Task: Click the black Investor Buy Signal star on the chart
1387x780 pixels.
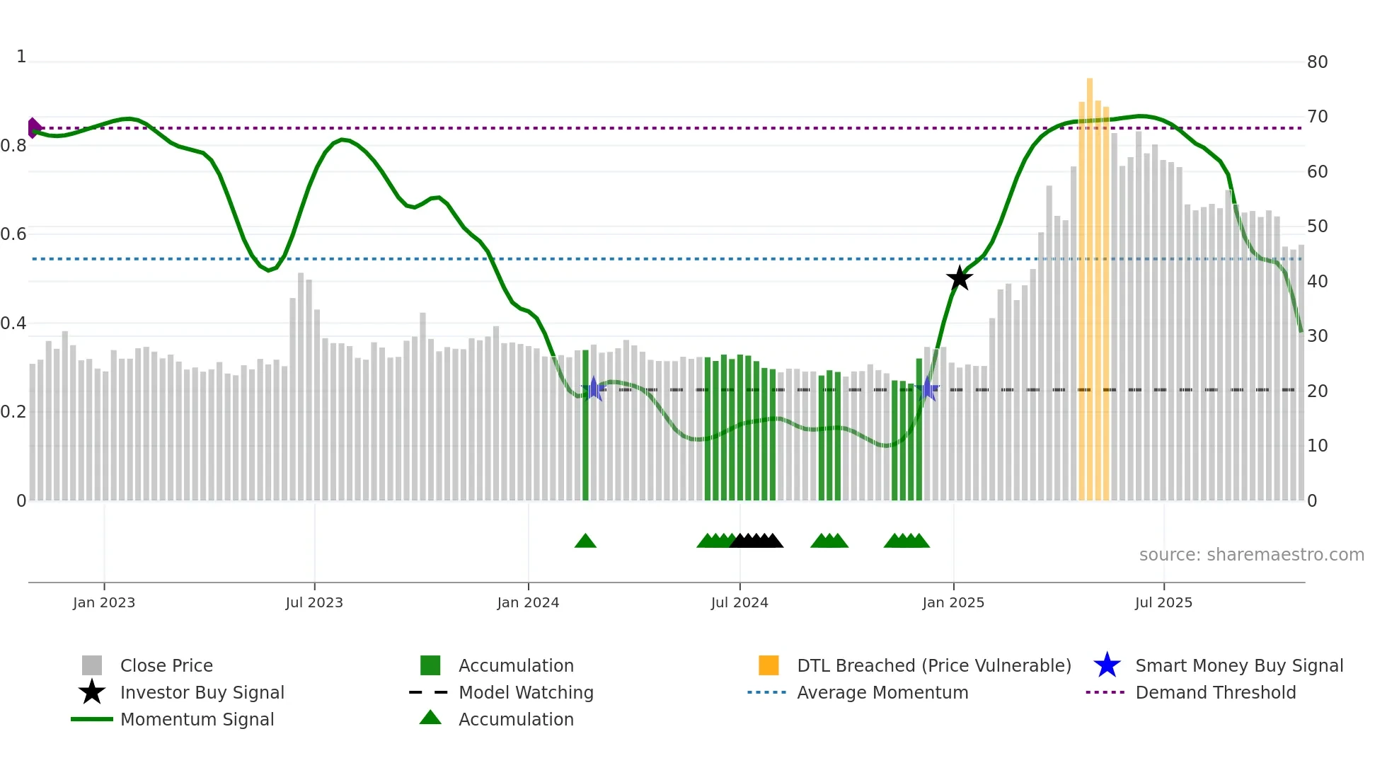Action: click(960, 278)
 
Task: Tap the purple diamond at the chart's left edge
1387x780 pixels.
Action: click(33, 128)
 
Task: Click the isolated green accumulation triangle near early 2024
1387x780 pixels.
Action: click(585, 541)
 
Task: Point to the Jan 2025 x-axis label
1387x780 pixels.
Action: click(953, 602)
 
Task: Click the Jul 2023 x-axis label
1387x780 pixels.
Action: click(314, 602)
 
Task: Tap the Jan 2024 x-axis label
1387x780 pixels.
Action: click(528, 602)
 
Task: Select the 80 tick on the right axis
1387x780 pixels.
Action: click(1317, 62)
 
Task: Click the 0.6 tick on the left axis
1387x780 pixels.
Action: click(13, 234)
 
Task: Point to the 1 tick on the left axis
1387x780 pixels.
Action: click(21, 57)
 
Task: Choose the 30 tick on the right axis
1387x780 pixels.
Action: click(1317, 336)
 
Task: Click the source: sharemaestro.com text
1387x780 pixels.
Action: click(1251, 555)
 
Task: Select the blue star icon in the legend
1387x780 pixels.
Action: click(1107, 665)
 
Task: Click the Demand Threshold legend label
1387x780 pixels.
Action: click(1215, 692)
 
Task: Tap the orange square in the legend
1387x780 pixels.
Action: click(769, 665)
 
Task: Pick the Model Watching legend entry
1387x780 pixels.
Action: click(526, 692)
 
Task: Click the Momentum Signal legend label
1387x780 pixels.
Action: click(197, 719)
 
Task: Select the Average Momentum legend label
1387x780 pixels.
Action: click(882, 692)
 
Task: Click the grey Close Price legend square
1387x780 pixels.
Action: click(92, 665)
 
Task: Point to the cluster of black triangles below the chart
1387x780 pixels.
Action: click(756, 541)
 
